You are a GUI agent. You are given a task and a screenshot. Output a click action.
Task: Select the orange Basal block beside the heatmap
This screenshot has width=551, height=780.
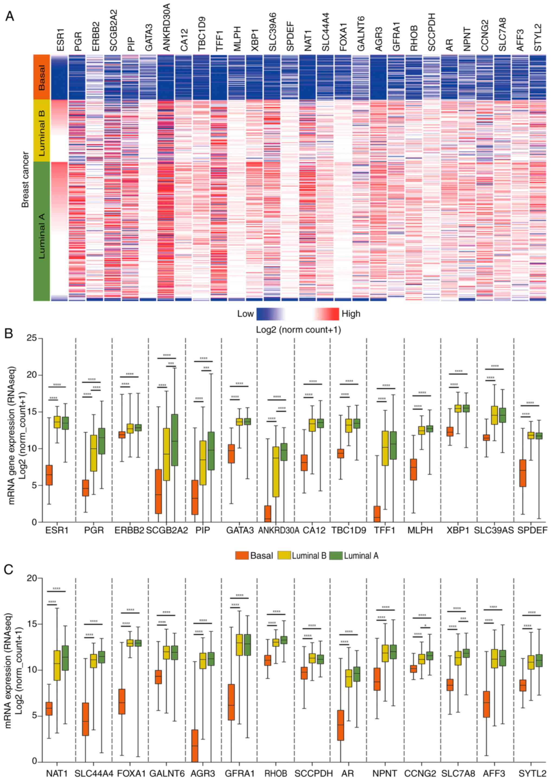(x=42, y=77)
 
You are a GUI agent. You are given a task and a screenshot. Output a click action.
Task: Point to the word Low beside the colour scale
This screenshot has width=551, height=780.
(x=245, y=314)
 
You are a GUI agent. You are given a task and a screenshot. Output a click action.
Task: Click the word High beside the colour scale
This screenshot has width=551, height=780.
(x=351, y=314)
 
